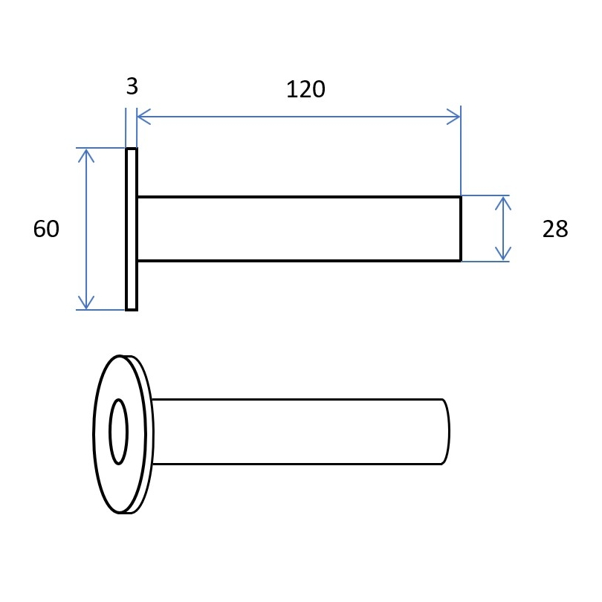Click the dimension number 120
pos(305,89)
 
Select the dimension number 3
pos(132,86)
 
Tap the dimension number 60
pos(46,229)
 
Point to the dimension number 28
pos(555,229)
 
